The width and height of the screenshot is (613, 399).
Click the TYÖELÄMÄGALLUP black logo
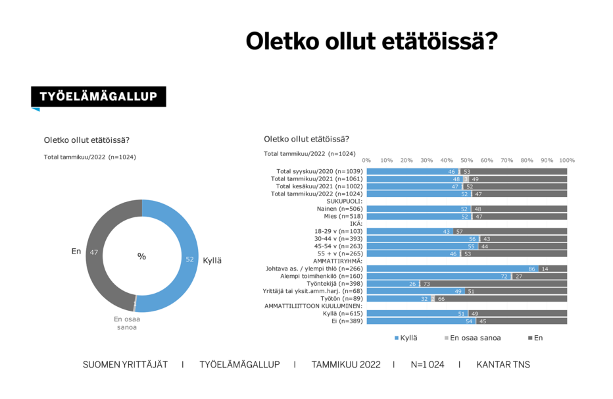click(98, 97)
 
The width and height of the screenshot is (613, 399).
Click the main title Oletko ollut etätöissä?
click(372, 41)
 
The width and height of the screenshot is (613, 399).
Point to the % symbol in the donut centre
click(141, 256)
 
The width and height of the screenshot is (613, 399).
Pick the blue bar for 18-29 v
click(405, 231)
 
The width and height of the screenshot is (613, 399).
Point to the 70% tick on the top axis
click(507, 160)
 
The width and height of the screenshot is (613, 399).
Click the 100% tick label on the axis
click(567, 160)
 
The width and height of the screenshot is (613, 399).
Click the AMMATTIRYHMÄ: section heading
click(339, 261)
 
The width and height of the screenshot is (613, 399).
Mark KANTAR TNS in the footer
click(503, 365)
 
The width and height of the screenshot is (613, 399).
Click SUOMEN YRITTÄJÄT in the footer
click(124, 365)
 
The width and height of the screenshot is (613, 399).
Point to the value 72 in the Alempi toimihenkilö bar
click(504, 277)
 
